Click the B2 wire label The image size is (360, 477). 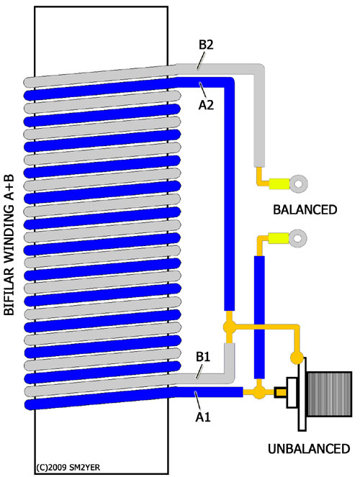coord(206,45)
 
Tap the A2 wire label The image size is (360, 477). coord(206,105)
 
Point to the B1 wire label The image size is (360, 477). coord(203,357)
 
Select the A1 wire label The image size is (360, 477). coord(203,417)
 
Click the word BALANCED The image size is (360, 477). coord(305,210)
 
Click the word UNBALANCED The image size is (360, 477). coord(309,449)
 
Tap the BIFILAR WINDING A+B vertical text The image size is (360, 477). coord(9,245)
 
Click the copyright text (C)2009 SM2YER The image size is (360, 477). coord(68,467)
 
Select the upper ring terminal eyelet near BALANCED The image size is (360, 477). coord(299,183)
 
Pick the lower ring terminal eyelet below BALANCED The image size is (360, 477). coord(298,238)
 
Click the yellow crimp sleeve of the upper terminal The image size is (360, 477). coord(279,183)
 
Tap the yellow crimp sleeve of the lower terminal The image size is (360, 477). coord(279,238)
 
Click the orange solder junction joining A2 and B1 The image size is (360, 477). coord(229,327)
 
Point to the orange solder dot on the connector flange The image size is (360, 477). coord(297,358)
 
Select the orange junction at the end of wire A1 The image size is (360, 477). coord(259,392)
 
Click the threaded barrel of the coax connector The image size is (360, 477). coord(329,394)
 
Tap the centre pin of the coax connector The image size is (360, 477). coord(280,392)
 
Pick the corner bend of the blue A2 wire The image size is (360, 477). coord(229,83)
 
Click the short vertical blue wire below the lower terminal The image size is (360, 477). coord(259,317)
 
